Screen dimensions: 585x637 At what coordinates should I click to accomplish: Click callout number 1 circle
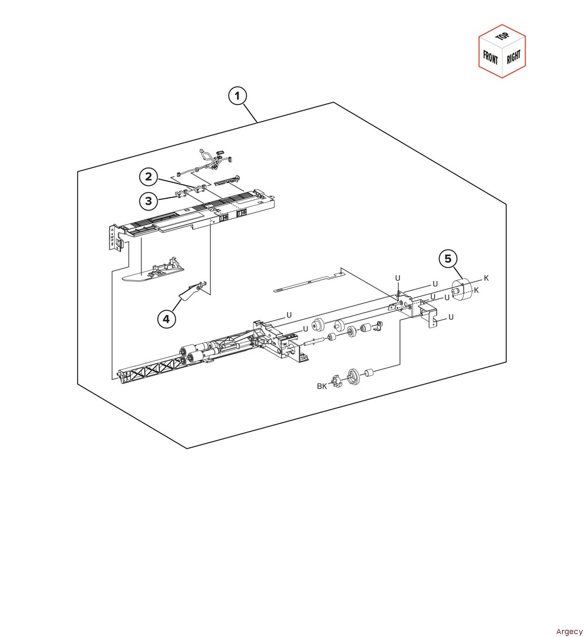pyautogui.click(x=237, y=96)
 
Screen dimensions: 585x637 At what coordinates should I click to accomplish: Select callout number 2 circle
pyautogui.click(x=148, y=177)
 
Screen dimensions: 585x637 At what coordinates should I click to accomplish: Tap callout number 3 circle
pyautogui.click(x=148, y=201)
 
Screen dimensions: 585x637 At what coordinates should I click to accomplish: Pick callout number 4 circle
pyautogui.click(x=166, y=319)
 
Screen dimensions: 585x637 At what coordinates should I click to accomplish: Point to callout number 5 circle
pyautogui.click(x=448, y=259)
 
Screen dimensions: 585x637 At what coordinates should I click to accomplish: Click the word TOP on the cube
pyautogui.click(x=503, y=36)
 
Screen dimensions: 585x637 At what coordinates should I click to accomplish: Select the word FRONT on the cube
pyautogui.click(x=490, y=57)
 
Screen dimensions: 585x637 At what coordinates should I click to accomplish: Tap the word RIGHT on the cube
pyautogui.click(x=514, y=57)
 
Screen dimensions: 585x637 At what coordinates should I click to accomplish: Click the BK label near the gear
pyautogui.click(x=322, y=386)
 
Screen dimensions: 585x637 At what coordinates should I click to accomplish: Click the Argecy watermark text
pyautogui.click(x=569, y=631)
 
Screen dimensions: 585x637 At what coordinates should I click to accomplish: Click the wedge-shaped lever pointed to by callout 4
pyautogui.click(x=191, y=291)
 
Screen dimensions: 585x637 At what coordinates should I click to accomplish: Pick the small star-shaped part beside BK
pyautogui.click(x=337, y=381)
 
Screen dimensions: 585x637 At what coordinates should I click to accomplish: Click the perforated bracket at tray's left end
pyautogui.click(x=115, y=238)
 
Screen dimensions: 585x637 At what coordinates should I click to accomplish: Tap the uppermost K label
pyautogui.click(x=487, y=278)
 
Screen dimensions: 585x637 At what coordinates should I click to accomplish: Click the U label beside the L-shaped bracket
pyautogui.click(x=451, y=317)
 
